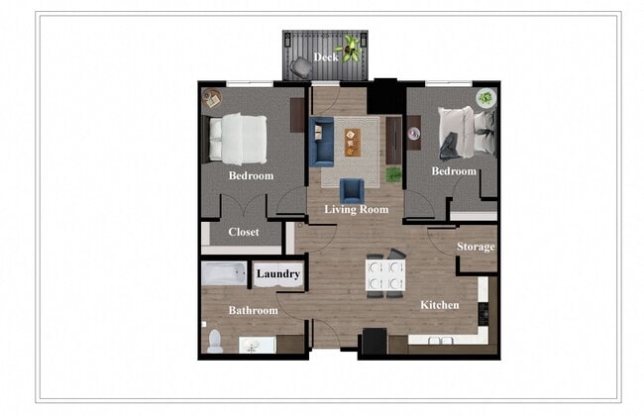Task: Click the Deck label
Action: [x=326, y=57]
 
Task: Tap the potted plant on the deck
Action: [x=350, y=47]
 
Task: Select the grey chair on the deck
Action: [x=299, y=67]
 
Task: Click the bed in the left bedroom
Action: [x=240, y=139]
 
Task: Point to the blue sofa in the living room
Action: [x=320, y=143]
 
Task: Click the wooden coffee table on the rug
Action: [x=353, y=143]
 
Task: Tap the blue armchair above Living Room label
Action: [x=352, y=190]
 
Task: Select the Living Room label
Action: [x=357, y=209]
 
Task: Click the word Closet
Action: [x=244, y=233]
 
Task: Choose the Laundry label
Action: [x=278, y=273]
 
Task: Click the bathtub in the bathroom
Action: [x=224, y=274]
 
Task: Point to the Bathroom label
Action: [x=253, y=310]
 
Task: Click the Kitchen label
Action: [x=439, y=305]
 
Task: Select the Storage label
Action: [x=476, y=247]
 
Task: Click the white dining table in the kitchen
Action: [x=385, y=276]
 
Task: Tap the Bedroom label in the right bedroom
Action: [x=454, y=171]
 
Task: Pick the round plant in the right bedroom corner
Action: [x=485, y=97]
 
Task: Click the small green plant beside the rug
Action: [x=393, y=174]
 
